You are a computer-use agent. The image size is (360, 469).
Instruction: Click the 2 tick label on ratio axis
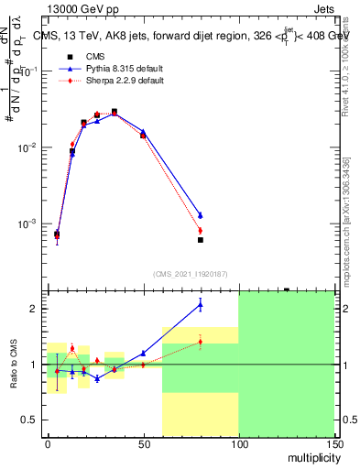[36, 309]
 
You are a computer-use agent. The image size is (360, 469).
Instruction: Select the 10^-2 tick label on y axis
[29, 147]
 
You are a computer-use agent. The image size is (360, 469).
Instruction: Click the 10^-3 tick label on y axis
[29, 224]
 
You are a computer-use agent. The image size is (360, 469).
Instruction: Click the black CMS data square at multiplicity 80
[200, 240]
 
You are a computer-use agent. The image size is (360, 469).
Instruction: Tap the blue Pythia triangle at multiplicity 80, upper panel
[200, 215]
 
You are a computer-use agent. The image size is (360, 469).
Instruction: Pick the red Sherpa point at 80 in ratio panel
[200, 342]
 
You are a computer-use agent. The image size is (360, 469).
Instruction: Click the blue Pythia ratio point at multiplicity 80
[200, 304]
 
